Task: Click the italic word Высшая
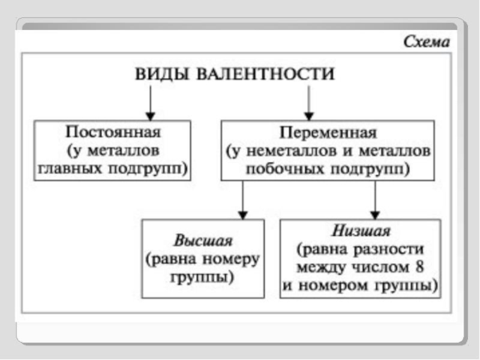click(203, 241)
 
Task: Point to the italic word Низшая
click(361, 231)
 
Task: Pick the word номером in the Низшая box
click(327, 284)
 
